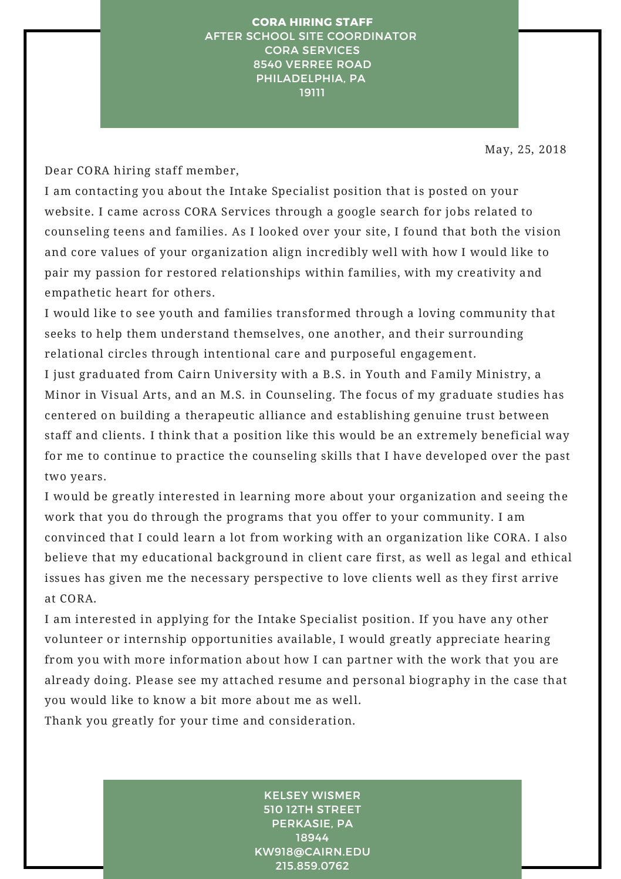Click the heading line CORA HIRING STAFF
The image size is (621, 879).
point(312,22)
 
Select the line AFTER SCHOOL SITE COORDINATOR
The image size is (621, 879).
point(310,36)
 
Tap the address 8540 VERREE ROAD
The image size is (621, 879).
point(312,65)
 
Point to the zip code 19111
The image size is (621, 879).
point(312,93)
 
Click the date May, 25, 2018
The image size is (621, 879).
point(525,150)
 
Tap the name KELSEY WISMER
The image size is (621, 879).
point(312,796)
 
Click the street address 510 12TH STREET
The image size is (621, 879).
point(312,810)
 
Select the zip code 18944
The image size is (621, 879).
point(312,838)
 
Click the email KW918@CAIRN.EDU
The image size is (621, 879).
point(312,852)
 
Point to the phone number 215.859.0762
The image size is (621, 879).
point(312,866)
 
